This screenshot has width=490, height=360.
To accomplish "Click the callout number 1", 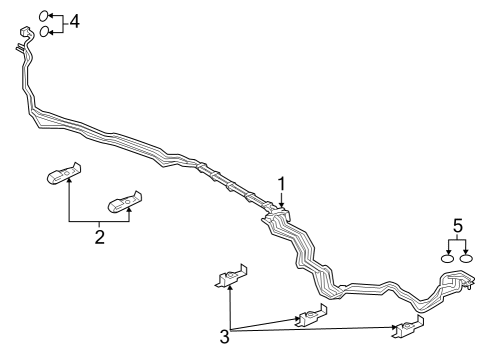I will [x=282, y=183].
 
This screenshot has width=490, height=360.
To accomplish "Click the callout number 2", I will [x=100, y=237].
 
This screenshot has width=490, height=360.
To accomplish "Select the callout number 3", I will [x=225, y=338].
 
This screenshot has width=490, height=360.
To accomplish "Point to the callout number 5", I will [x=457, y=227].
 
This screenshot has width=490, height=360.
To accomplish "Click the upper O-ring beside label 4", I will [x=44, y=16].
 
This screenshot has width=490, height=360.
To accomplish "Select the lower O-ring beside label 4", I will [x=45, y=32].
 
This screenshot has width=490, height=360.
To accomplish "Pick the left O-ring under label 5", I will [x=448, y=259].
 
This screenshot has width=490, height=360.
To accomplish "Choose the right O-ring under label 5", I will [x=465, y=259].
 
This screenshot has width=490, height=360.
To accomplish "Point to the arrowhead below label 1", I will [x=282, y=207].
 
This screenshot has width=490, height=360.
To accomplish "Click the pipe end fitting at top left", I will [x=23, y=43].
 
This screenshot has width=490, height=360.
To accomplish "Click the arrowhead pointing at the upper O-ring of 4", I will [x=52, y=16].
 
